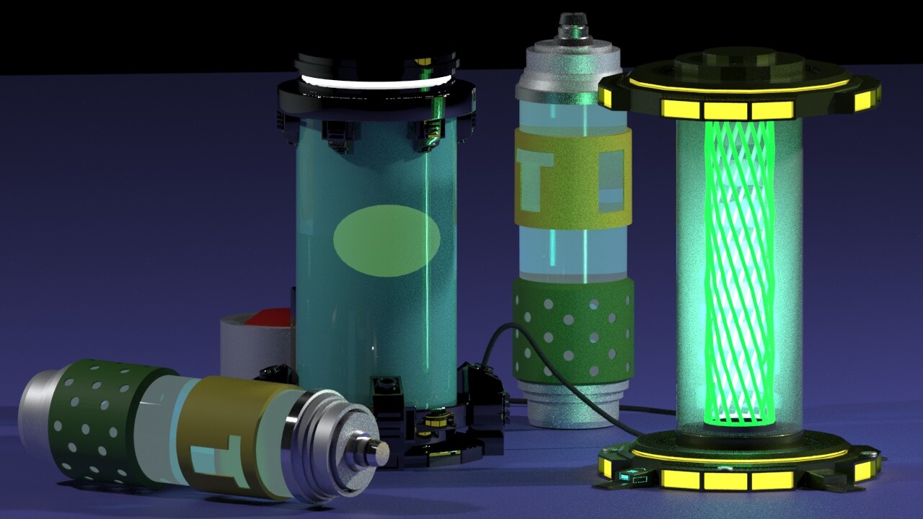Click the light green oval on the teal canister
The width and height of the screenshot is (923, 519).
pyautogui.click(x=386, y=240)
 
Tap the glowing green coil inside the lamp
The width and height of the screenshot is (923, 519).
pyautogui.click(x=740, y=272)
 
